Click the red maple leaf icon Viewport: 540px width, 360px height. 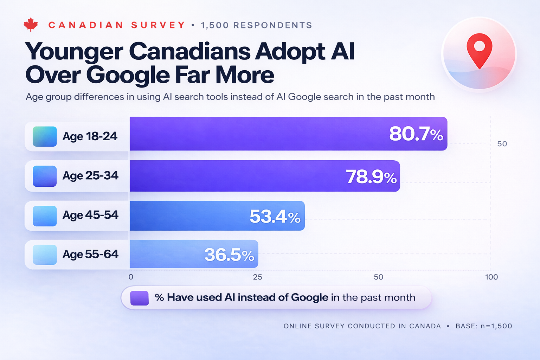click(31, 25)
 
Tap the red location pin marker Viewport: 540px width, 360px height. click(479, 49)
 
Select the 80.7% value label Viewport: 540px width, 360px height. click(416, 134)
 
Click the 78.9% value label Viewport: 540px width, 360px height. click(371, 176)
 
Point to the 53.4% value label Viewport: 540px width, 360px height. click(275, 217)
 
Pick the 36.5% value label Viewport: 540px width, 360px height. click(229, 255)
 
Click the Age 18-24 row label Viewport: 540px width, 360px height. click(90, 136)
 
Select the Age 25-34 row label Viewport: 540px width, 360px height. click(90, 175)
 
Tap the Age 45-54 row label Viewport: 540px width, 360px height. click(90, 215)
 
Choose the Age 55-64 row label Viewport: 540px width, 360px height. click(90, 254)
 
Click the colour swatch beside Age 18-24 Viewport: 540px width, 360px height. click(45, 136)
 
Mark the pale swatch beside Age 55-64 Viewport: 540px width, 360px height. click(45, 255)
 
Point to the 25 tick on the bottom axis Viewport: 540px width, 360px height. click(257, 277)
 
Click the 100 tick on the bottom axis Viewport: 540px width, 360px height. click(491, 277)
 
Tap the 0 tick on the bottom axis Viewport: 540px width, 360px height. click(131, 277)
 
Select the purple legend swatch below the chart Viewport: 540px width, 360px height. click(140, 298)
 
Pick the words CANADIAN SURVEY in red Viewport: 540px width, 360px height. click(117, 25)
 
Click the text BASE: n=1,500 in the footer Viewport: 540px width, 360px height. click(484, 326)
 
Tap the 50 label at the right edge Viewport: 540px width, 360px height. click(502, 144)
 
